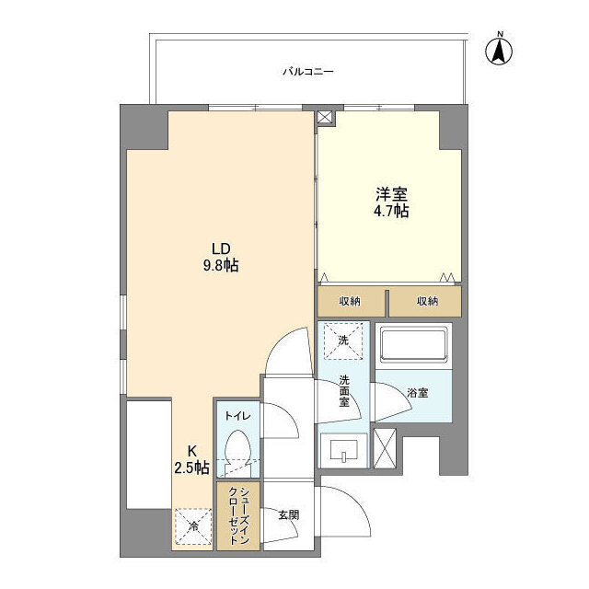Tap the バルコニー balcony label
point(307,71)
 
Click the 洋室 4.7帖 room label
point(390,202)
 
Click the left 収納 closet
point(352,302)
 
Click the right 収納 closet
point(425,302)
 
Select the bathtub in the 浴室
point(413,346)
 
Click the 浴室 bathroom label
point(417,393)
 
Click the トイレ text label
point(237,415)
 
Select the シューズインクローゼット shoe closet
point(238,517)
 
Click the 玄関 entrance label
point(288,515)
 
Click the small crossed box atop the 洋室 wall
point(324,118)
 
